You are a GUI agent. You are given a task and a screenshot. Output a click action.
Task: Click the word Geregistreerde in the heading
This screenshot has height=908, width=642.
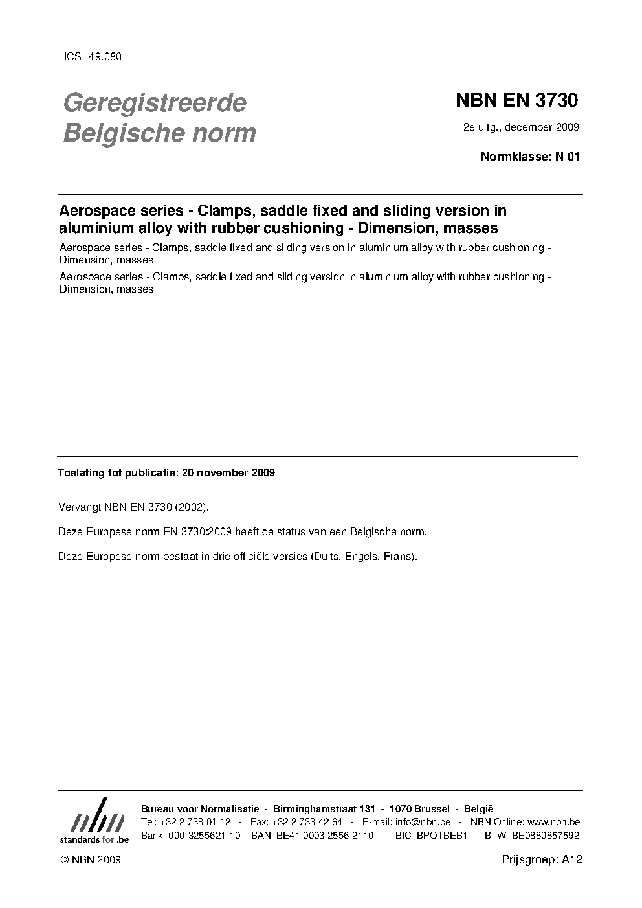click(155, 102)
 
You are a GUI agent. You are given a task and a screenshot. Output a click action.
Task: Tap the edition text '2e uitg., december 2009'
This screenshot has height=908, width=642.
click(520, 127)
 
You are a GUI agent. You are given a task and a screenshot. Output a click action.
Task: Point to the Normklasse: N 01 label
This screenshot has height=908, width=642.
click(529, 156)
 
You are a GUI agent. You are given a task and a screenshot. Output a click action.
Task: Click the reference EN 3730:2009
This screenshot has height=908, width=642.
click(199, 532)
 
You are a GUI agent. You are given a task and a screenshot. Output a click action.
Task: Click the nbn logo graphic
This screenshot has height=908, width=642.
click(96, 819)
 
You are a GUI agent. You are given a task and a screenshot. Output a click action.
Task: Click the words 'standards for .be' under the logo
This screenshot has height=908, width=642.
click(94, 839)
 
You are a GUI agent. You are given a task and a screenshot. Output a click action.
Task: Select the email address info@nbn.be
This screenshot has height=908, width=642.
click(423, 822)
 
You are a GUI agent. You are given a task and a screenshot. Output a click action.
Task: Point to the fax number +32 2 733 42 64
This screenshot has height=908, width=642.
click(307, 822)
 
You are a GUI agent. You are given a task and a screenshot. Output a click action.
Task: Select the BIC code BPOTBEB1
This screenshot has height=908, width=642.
click(443, 836)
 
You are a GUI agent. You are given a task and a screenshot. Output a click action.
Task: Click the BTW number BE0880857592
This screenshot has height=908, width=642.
click(546, 836)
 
